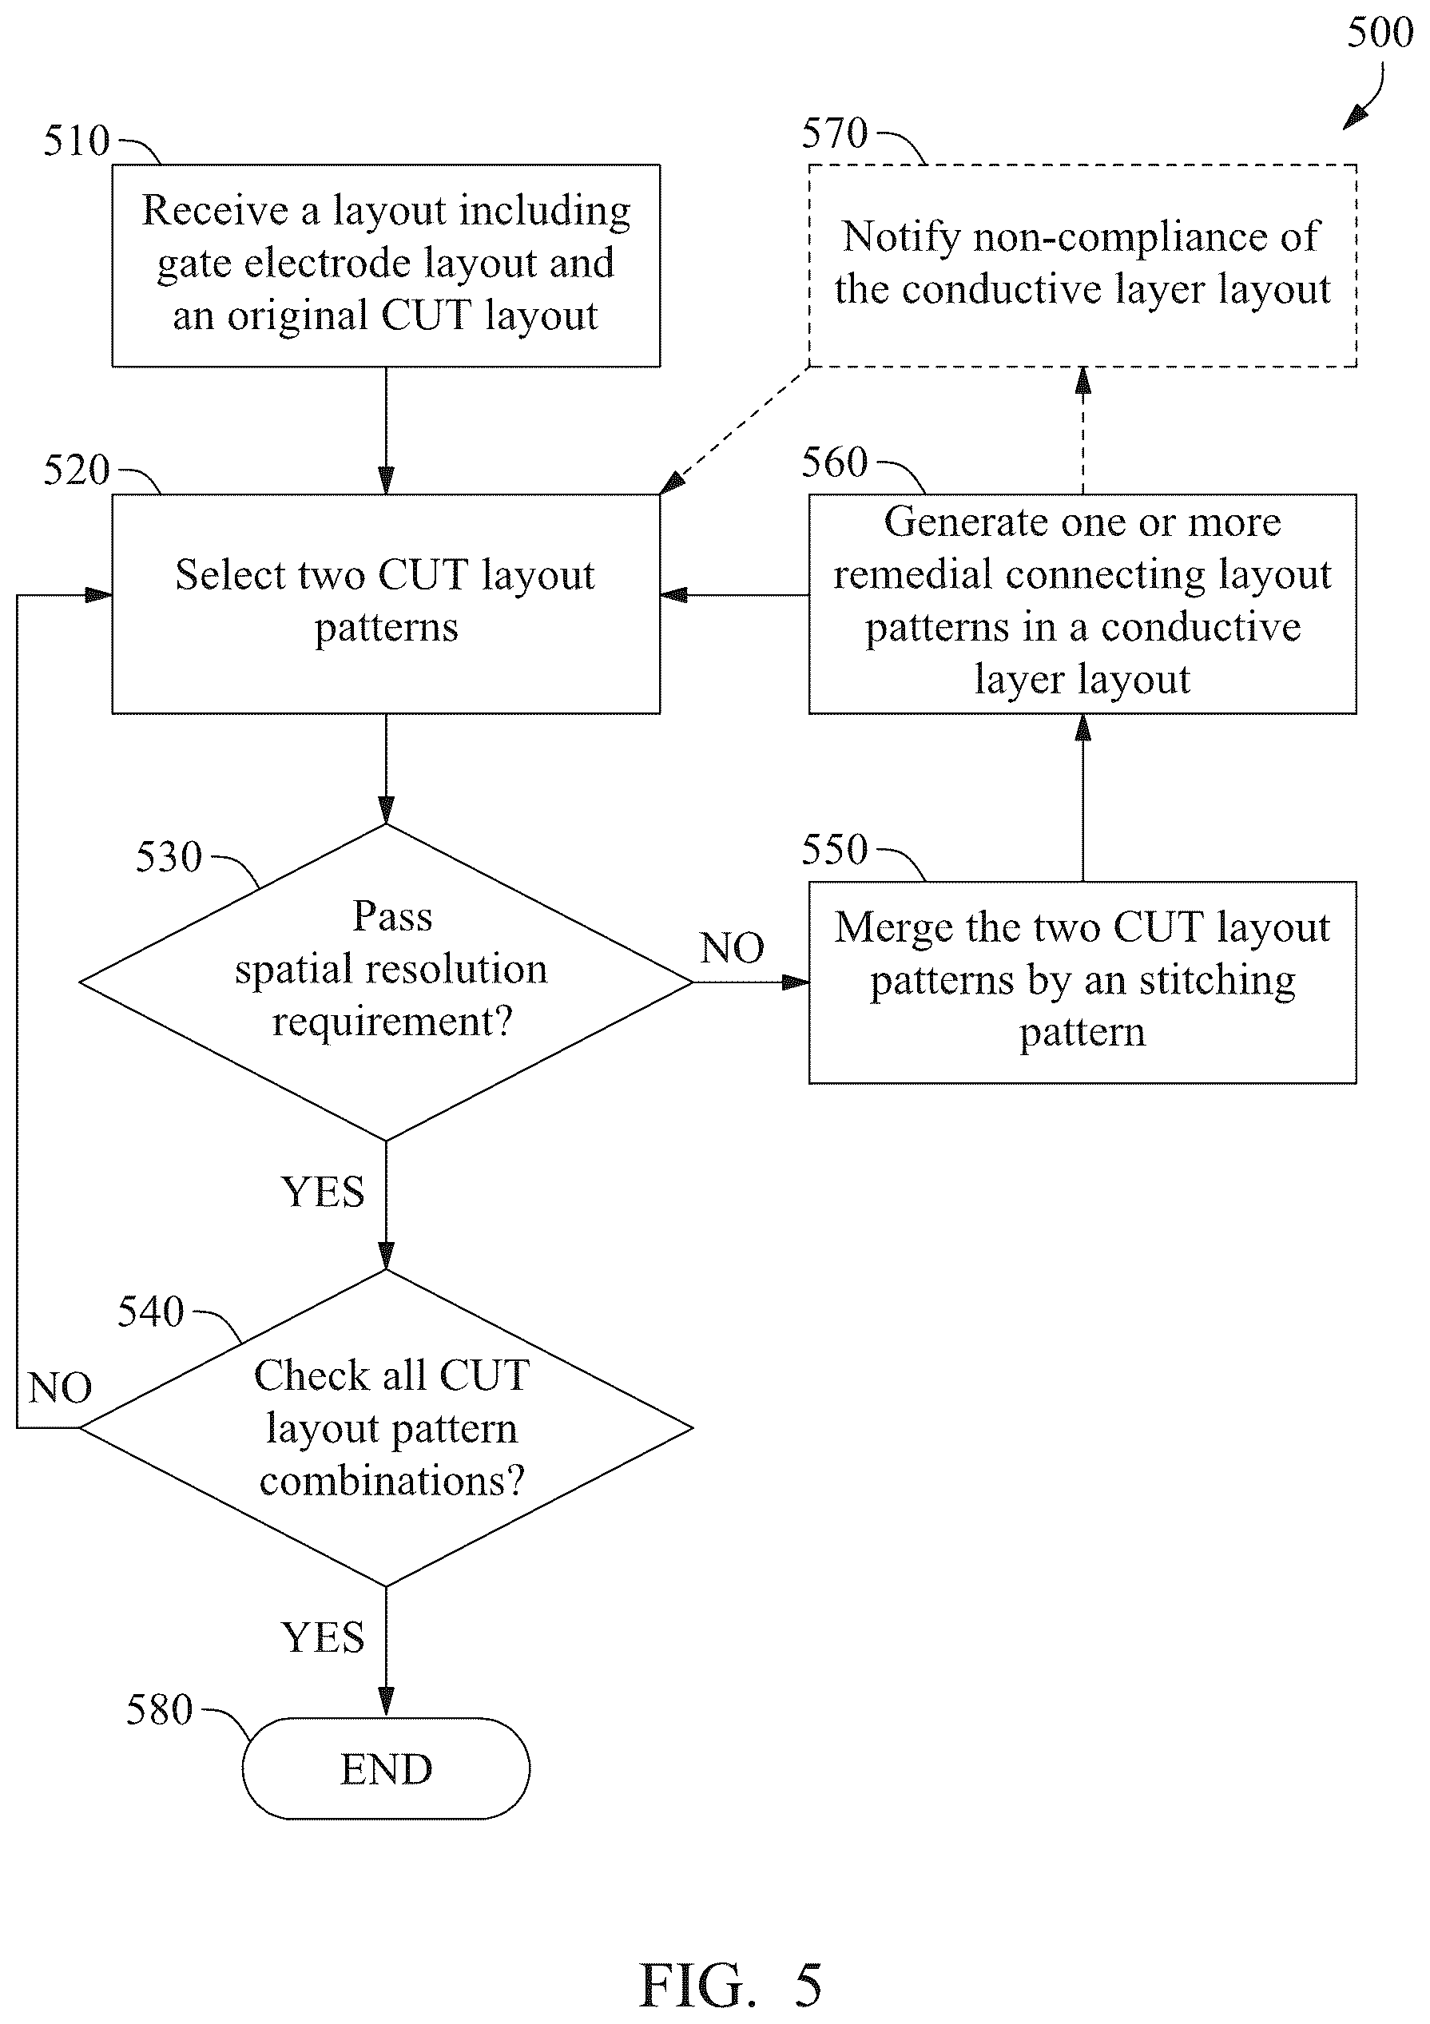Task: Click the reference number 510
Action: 77,141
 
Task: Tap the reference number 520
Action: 77,470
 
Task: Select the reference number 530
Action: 169,856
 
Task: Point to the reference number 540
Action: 151,1312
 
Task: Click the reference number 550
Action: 834,849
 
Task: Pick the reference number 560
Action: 834,462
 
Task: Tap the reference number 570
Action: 834,133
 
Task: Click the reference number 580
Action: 159,1709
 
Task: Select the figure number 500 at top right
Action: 1380,33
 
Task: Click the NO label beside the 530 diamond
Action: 732,949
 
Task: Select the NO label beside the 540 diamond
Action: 60,1388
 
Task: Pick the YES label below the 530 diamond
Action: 323,1192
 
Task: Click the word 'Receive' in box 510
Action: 216,211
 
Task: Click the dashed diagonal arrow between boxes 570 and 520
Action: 734,431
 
